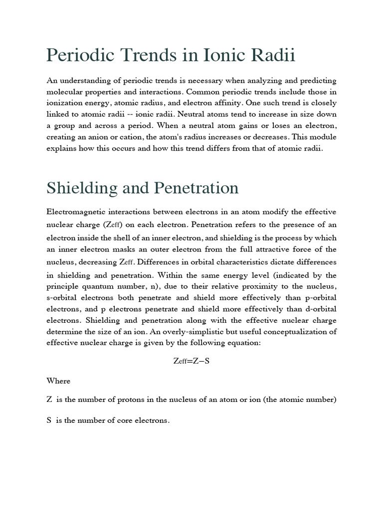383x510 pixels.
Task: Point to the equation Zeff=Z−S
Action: (191, 361)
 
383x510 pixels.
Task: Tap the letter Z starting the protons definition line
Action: (49, 400)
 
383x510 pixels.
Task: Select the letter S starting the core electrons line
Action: (49, 420)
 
